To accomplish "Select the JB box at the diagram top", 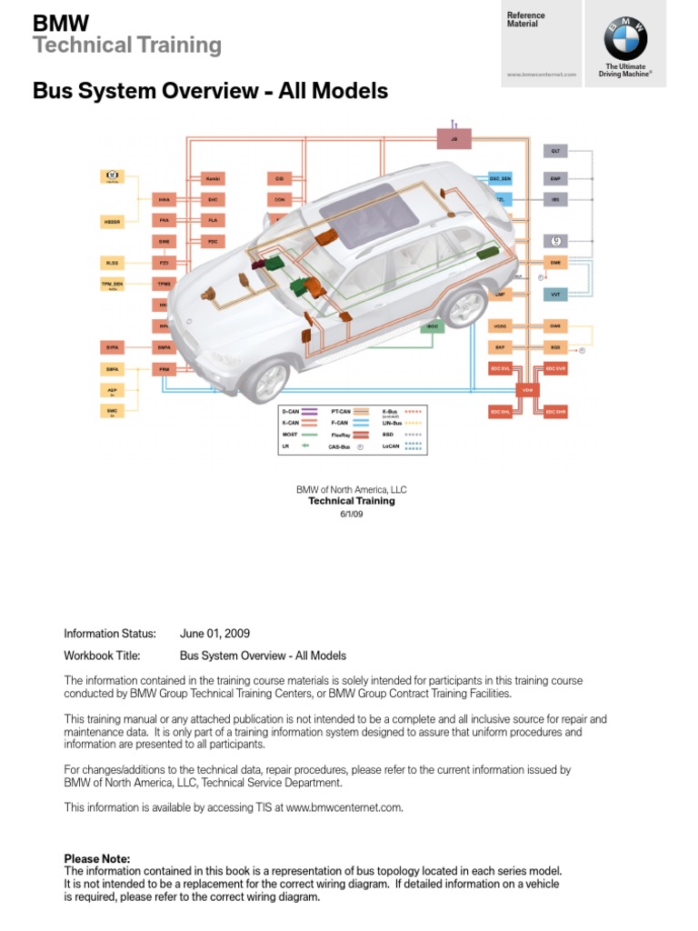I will click(x=454, y=139).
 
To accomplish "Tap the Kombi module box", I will click(x=213, y=178).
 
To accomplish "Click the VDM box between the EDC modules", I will click(x=527, y=389).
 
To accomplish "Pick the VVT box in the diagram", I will click(x=555, y=295).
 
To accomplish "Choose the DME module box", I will click(x=555, y=262).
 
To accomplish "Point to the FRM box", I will click(x=165, y=369).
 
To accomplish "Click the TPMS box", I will click(x=165, y=284).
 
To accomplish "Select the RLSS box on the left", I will click(x=113, y=263).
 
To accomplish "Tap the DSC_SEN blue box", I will click(x=501, y=178).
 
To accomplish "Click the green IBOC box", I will click(x=434, y=325).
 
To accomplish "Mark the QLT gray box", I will click(x=555, y=150).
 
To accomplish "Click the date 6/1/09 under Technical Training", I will click(x=351, y=514).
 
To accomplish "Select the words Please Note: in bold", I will click(x=97, y=858).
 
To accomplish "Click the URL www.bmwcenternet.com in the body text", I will click(x=344, y=806).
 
